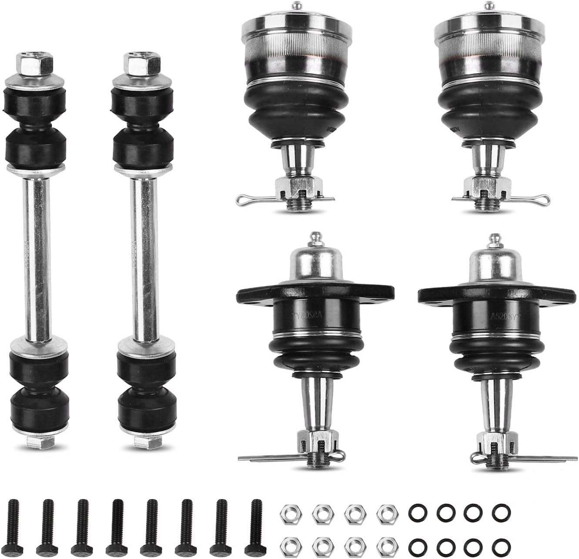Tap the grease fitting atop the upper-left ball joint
pos(297,6)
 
